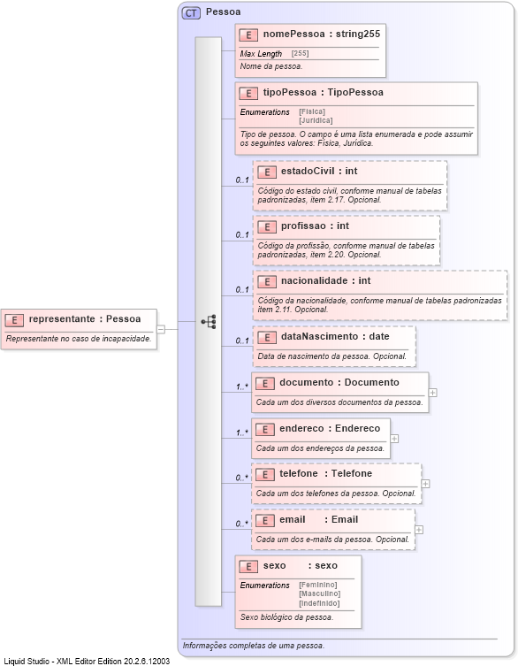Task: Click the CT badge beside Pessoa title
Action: click(x=191, y=12)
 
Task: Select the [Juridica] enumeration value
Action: click(x=316, y=119)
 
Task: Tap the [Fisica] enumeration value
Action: click(x=311, y=111)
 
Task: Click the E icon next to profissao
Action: click(x=265, y=226)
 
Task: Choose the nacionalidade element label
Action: click(x=324, y=281)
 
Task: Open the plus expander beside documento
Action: click(x=432, y=391)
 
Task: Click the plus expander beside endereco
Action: click(x=394, y=437)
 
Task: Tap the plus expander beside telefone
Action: click(x=426, y=483)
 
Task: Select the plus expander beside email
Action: click(x=418, y=530)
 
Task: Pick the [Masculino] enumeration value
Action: click(x=319, y=593)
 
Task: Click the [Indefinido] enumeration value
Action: click(x=319, y=602)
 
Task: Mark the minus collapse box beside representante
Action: click(x=161, y=328)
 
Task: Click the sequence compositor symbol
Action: click(x=209, y=322)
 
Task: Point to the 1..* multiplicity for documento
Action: click(x=241, y=387)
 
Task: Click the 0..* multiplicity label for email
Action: click(x=241, y=524)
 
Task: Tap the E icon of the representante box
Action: click(x=14, y=319)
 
